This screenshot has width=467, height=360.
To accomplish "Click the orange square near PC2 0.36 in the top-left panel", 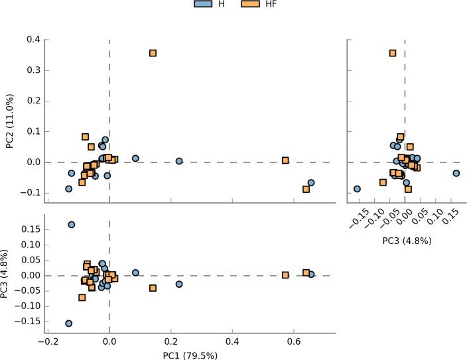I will [x=153, y=53].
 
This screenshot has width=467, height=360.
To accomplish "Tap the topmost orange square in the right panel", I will [x=393, y=53].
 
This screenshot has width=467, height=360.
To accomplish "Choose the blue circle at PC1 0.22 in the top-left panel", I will [x=179, y=161].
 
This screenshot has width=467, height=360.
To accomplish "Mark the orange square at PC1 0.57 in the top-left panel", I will [x=285, y=160].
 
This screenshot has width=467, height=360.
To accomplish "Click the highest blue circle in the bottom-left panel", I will [x=72, y=225].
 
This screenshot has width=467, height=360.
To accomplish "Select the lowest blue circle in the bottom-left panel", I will [x=69, y=324].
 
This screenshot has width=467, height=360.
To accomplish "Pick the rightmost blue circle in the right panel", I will [x=456, y=173].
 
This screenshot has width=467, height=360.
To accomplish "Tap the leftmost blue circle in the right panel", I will [x=358, y=189].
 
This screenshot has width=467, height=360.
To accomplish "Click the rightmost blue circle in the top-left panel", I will [x=311, y=182].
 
